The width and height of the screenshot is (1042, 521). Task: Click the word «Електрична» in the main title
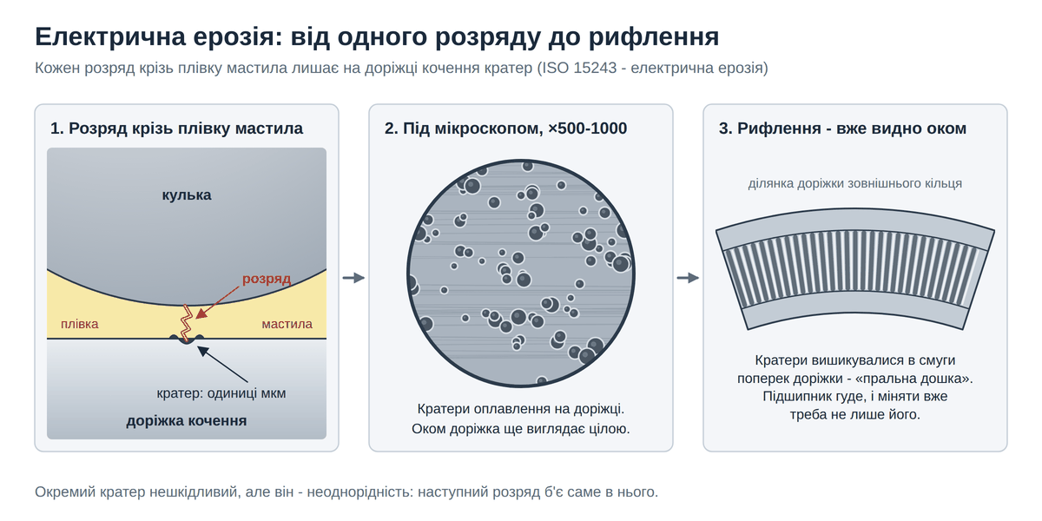click(110, 36)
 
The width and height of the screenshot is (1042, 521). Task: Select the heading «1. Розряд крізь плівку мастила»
click(176, 129)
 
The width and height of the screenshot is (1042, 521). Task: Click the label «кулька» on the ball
click(187, 195)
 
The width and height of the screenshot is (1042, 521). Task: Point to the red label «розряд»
click(267, 279)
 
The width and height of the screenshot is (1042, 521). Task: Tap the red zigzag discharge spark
click(187, 324)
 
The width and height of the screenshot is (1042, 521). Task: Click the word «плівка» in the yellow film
click(80, 324)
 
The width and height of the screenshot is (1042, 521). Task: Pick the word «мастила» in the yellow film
click(287, 324)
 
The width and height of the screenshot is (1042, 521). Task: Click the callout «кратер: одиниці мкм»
click(221, 393)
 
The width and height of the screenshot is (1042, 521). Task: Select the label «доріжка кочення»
click(187, 420)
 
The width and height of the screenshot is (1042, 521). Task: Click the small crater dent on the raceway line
click(187, 340)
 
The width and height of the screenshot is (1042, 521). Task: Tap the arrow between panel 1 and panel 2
click(353, 278)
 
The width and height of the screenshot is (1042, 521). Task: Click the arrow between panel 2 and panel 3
click(688, 278)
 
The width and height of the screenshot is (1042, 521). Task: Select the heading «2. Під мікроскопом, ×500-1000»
click(505, 129)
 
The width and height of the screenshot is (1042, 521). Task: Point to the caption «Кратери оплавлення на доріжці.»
click(520, 409)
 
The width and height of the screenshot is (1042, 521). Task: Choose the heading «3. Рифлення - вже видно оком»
click(842, 129)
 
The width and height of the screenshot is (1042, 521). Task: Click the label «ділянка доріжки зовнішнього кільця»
click(855, 184)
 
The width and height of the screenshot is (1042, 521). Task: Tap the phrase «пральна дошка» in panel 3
click(913, 379)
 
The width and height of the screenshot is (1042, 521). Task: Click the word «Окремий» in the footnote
click(62, 491)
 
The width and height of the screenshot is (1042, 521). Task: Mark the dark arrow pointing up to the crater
click(223, 365)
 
